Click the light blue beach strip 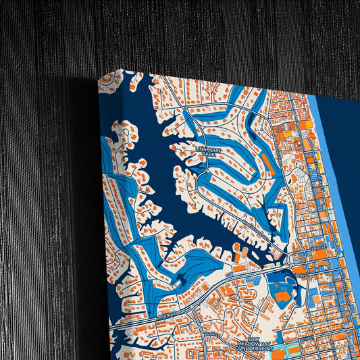338,203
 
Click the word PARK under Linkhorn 209,155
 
